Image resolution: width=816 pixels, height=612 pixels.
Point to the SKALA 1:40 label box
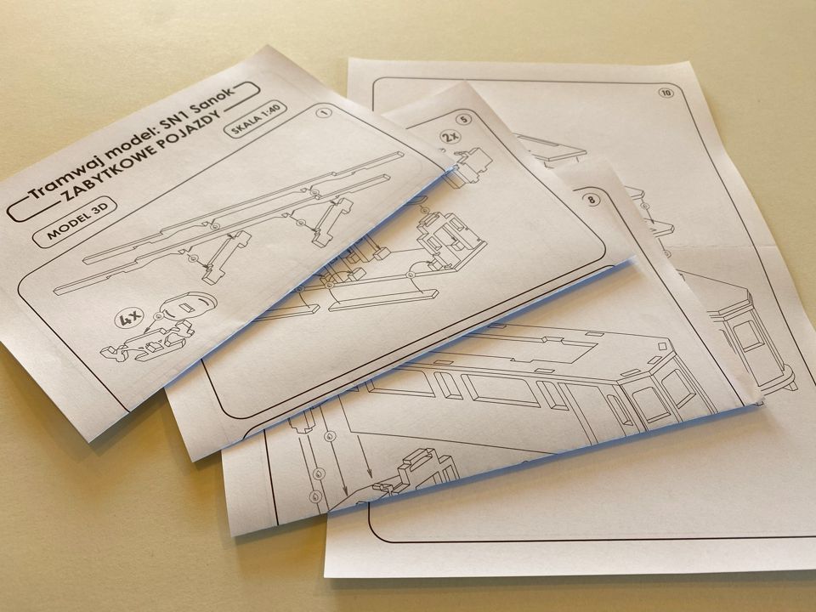pos(254,121)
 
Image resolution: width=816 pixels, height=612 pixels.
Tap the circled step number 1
pos(325,112)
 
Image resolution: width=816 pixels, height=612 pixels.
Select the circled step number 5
pos(464,119)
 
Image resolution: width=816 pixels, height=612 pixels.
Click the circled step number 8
pos(592,200)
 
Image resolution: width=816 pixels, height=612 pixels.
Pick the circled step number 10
pos(666,93)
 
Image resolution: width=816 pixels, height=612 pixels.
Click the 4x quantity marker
pos(127,319)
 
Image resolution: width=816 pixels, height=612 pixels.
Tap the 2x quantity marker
pos(450,138)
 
